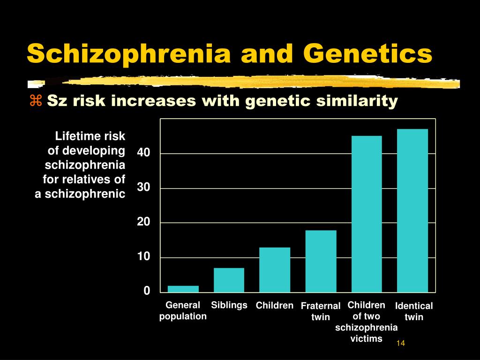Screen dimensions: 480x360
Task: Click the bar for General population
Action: point(183,289)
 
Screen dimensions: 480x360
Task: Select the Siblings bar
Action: point(229,280)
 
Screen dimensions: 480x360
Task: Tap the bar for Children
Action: point(275,270)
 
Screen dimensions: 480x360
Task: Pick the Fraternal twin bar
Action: point(321,262)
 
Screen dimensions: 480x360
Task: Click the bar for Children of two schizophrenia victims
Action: point(367,214)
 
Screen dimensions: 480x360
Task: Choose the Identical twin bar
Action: point(412,210)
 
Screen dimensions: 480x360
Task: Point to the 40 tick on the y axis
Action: point(143,152)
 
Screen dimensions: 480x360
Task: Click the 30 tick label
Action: point(143,187)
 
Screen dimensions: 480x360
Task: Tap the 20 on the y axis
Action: point(143,222)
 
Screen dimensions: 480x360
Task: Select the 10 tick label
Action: point(143,256)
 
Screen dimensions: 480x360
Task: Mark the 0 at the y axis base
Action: point(147,291)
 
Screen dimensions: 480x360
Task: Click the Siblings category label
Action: point(229,305)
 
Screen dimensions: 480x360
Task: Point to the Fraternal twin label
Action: point(321,311)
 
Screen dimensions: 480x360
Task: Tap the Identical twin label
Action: point(414,311)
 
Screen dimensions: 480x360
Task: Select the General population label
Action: point(183,311)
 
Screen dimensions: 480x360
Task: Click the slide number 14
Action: point(401,343)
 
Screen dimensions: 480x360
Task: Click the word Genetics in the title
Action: point(367,53)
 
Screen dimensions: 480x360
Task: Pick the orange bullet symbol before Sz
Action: point(36,100)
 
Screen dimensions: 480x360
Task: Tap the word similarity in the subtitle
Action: point(357,101)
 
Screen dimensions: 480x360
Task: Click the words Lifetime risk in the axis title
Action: point(90,136)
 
